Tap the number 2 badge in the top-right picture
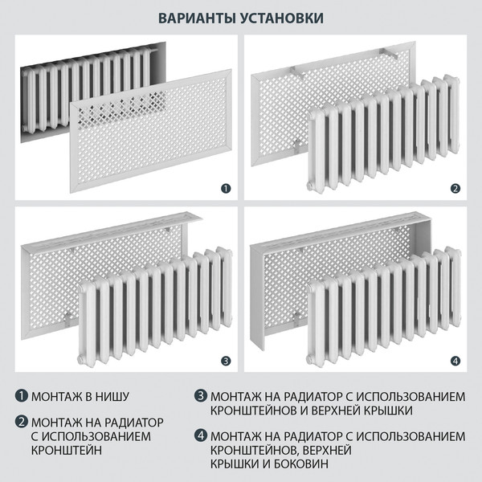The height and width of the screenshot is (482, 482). tap(455, 189)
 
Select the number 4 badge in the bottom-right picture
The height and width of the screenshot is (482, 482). tap(455, 361)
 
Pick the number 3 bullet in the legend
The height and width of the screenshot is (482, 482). tap(200, 397)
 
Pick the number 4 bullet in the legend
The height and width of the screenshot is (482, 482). tap(200, 436)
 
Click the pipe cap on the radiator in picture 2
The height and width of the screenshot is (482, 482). tap(311, 184)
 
